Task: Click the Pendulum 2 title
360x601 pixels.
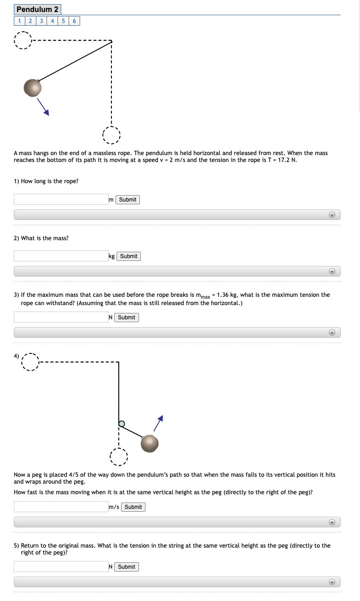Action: (37, 9)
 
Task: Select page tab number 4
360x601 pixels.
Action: (52, 21)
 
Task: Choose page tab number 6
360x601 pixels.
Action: (75, 21)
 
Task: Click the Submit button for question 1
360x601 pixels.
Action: (128, 200)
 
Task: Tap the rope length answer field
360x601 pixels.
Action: (61, 199)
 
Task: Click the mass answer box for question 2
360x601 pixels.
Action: (61, 256)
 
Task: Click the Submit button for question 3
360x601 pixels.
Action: (127, 318)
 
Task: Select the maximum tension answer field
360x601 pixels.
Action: (61, 317)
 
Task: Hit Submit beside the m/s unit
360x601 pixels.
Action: (133, 507)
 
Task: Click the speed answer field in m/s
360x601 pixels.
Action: (61, 507)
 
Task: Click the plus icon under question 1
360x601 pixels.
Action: (331, 215)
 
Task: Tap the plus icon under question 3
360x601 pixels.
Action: (331, 332)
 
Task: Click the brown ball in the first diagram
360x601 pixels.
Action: (32, 87)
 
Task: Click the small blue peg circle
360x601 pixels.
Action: (122, 423)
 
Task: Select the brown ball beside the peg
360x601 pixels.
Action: (150, 444)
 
